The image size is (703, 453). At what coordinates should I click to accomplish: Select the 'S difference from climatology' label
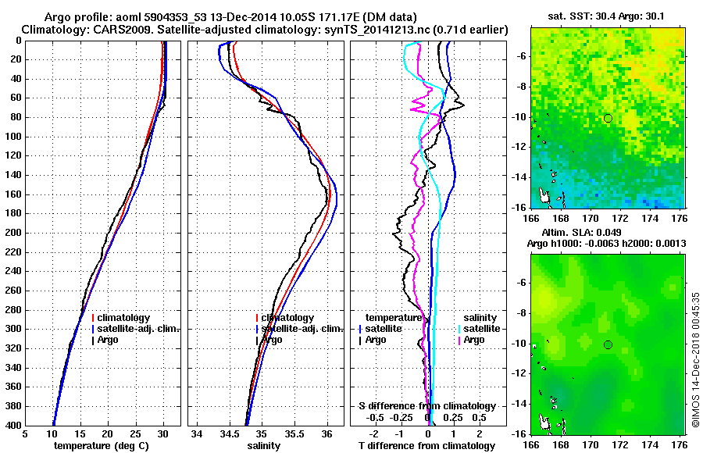[x=426, y=406]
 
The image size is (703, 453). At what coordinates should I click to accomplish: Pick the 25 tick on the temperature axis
[x=135, y=434]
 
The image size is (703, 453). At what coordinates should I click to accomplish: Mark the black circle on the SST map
[x=608, y=118]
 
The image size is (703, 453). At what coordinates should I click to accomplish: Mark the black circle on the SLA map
[x=608, y=344]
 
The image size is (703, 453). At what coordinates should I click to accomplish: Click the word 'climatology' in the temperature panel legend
[x=123, y=318]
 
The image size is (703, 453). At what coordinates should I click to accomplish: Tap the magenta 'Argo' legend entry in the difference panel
[x=474, y=340]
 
